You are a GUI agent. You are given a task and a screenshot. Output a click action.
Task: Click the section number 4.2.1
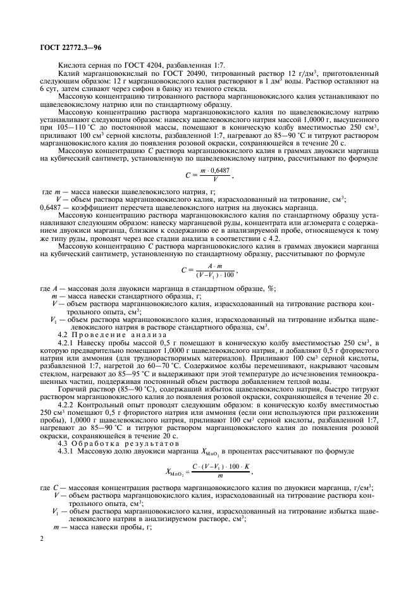coord(68,342)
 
